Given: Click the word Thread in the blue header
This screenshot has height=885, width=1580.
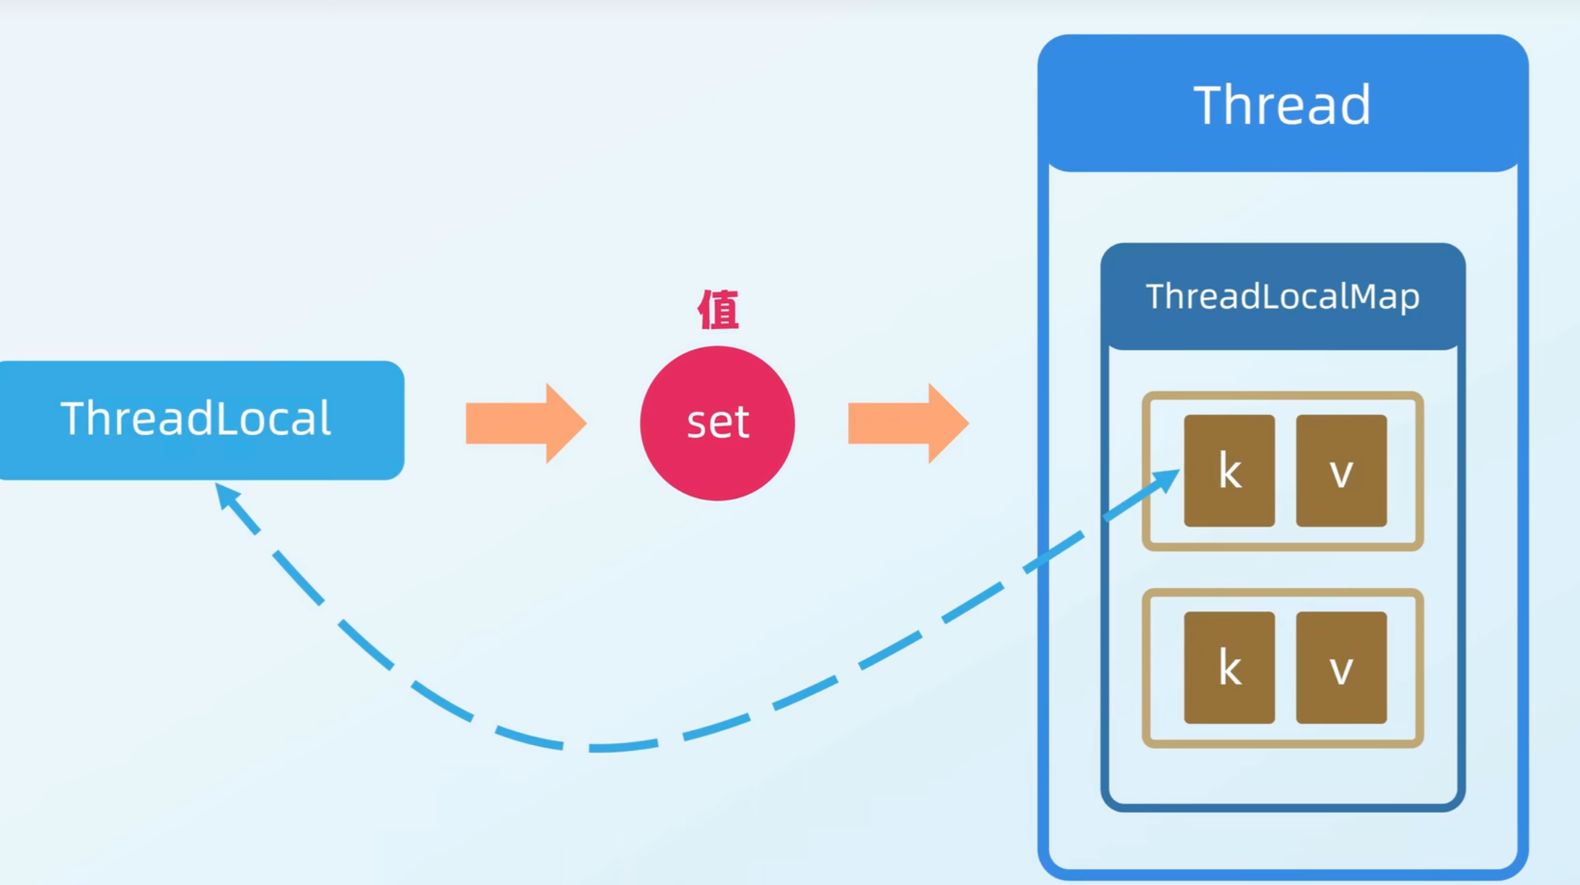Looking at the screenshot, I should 1282,105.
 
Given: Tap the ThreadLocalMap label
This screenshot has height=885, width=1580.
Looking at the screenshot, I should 1282,296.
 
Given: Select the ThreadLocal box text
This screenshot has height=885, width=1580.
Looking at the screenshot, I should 196,418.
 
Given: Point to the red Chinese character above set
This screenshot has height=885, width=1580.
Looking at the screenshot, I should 718,309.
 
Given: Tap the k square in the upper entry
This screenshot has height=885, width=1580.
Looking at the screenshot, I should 1229,470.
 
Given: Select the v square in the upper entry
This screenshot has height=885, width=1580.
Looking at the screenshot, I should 1341,470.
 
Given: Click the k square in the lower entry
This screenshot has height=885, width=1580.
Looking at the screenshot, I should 1229,668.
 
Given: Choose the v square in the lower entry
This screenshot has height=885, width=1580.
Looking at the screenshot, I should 1341,668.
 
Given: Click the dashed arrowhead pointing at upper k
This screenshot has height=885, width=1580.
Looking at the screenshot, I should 1165,479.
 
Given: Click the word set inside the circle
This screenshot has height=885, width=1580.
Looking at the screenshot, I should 717,422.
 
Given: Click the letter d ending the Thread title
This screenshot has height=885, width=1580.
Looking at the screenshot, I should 1354,105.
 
